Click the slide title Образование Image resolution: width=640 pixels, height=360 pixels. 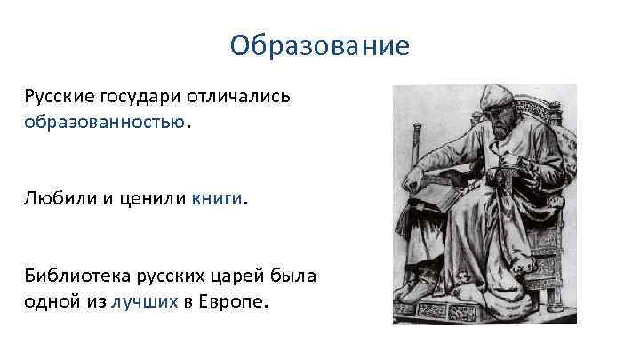(x=319, y=44)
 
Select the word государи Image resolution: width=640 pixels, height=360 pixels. (x=144, y=96)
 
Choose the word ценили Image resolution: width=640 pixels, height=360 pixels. (x=150, y=198)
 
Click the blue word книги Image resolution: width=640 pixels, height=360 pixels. (x=215, y=198)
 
